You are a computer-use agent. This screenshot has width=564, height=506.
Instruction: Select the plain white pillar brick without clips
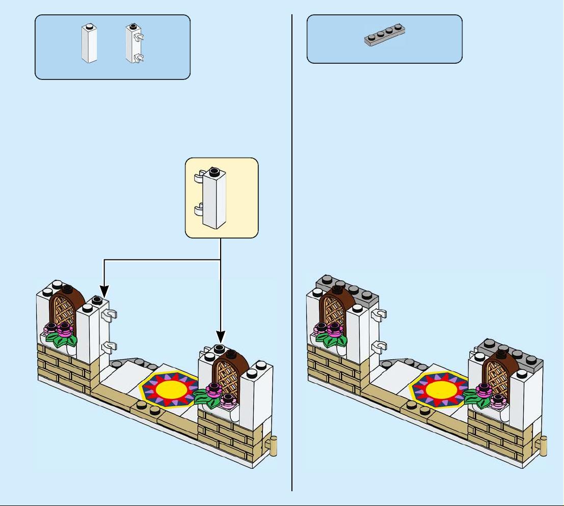pos(89,44)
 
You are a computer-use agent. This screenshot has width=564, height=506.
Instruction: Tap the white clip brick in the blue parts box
pos(134,44)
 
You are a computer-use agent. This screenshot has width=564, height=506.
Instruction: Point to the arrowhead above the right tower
pos(220,338)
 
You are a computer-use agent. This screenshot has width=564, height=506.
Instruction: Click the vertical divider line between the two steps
pos(292,255)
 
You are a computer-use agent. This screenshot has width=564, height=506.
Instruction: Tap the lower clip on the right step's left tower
pos(378,348)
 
